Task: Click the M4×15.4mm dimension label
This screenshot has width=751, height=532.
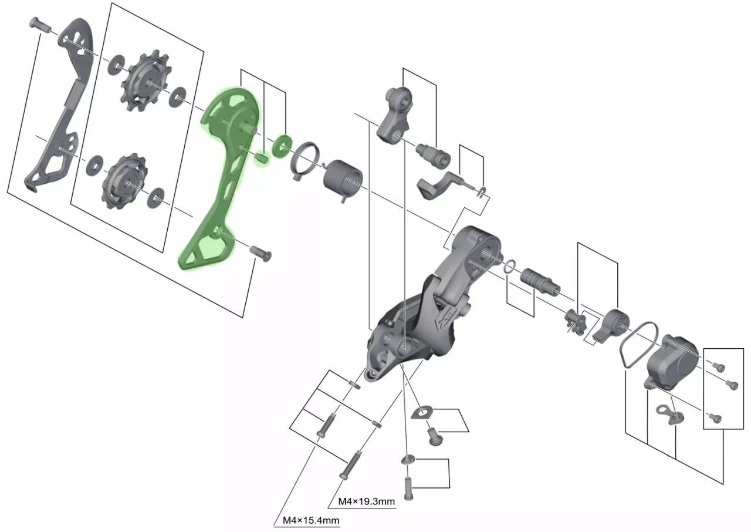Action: pos(311,521)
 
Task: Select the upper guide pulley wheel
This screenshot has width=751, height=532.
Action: pos(146,80)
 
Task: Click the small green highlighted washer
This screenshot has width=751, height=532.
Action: pos(282,145)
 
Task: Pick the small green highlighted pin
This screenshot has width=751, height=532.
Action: pos(262,158)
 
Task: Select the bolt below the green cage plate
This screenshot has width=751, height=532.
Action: pos(261,253)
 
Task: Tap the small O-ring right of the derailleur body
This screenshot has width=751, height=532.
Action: pos(510,267)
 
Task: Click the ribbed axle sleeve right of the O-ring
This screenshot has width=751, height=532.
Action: pos(539,282)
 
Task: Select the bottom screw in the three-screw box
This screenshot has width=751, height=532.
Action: pos(715,418)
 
